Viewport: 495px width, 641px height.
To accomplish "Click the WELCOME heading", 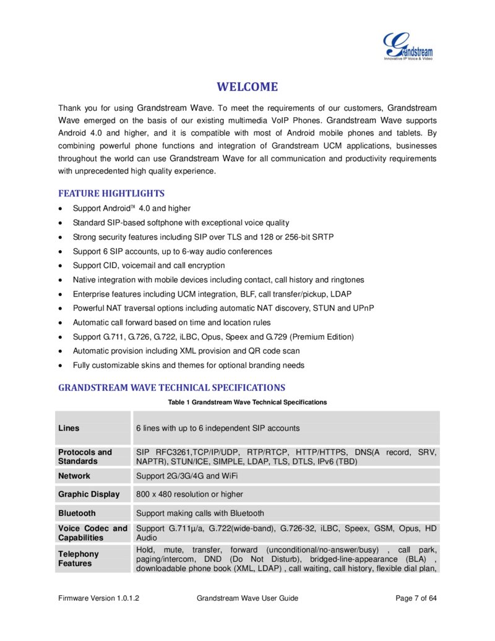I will pyautogui.click(x=247, y=87).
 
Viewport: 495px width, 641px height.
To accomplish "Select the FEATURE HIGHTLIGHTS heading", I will pyautogui.click(x=111, y=193).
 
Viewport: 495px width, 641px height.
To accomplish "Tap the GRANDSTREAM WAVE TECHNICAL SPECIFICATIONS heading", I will pyautogui.click(x=171, y=388).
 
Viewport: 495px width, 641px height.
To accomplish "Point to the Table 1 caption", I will pyautogui.click(x=247, y=403).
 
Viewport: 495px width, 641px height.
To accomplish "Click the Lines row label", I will pyautogui.click(x=69, y=428).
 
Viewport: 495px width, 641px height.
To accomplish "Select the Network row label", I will pyautogui.click(x=74, y=476).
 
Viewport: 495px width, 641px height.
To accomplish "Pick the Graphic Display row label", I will pyautogui.click(x=88, y=494).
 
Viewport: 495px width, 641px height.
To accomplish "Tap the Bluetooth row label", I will pyautogui.click(x=77, y=513).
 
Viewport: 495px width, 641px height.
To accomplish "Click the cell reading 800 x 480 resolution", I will pyautogui.click(x=189, y=494).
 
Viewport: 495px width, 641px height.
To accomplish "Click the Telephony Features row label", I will pyautogui.click(x=78, y=559).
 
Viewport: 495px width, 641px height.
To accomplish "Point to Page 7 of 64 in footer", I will pyautogui.click(x=416, y=598).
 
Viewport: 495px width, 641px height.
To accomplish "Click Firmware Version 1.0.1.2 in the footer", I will pyautogui.click(x=98, y=598).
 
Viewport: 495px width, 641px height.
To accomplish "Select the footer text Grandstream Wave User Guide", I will pyautogui.click(x=247, y=598).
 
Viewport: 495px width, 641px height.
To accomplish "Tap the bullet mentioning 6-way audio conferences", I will pyautogui.click(x=172, y=251).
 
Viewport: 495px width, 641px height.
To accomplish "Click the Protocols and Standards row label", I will pyautogui.click(x=85, y=456).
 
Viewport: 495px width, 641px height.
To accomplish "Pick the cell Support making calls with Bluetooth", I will pyautogui.click(x=200, y=513).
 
